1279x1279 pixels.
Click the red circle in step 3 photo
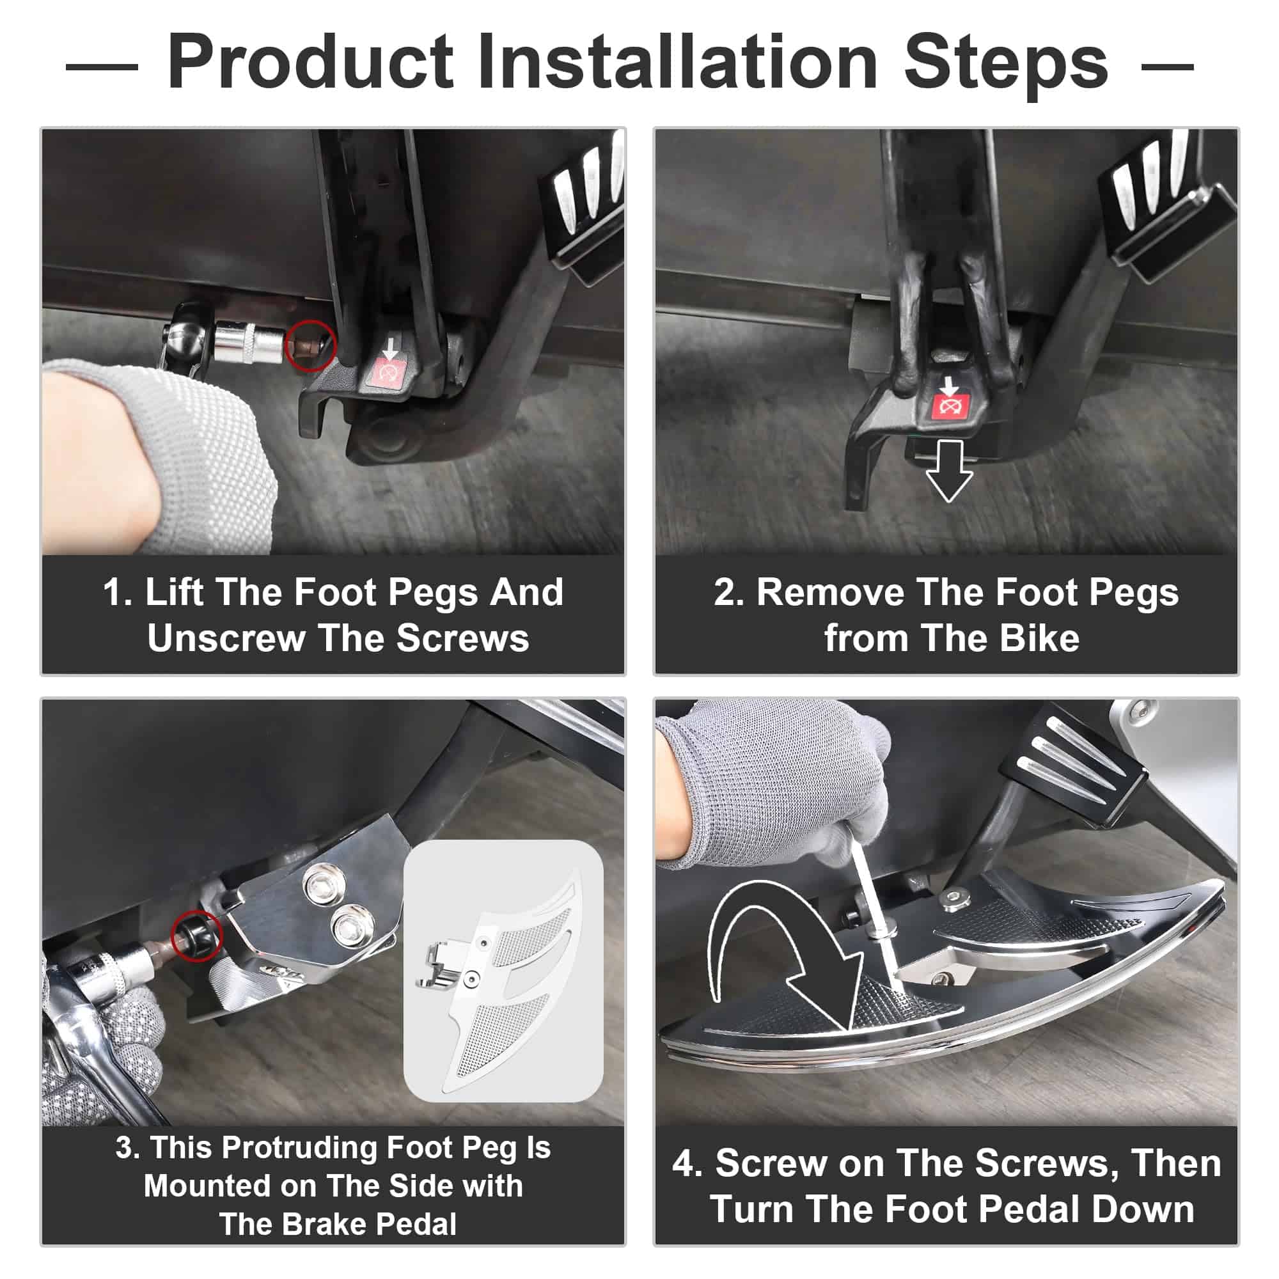tap(196, 936)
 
